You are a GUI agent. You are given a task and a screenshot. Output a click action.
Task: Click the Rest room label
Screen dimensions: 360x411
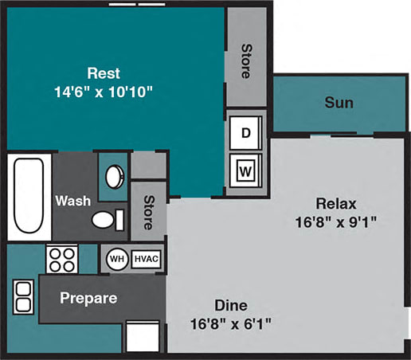(x=104, y=73)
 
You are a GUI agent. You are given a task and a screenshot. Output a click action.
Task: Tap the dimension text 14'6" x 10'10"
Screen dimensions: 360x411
(x=104, y=92)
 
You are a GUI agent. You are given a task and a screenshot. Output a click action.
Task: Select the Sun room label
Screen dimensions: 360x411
(x=339, y=103)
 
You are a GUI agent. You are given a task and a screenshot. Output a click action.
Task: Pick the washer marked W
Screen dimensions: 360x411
(x=245, y=168)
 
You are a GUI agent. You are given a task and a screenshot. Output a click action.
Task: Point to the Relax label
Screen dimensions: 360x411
(x=335, y=202)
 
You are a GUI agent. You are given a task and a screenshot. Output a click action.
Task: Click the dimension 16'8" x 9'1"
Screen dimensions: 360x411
(x=335, y=221)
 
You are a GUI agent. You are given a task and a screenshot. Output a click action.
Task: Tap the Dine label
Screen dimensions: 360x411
(x=231, y=305)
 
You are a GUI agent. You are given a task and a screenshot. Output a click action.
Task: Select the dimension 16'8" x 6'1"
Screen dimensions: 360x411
(x=231, y=323)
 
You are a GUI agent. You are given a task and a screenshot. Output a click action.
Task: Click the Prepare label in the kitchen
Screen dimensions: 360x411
(x=89, y=299)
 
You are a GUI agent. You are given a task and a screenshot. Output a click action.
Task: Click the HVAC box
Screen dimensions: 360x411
(x=146, y=258)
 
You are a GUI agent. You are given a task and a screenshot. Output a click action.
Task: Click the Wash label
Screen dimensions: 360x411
(x=72, y=201)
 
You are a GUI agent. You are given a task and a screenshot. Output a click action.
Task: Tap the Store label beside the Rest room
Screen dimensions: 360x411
(x=245, y=61)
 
